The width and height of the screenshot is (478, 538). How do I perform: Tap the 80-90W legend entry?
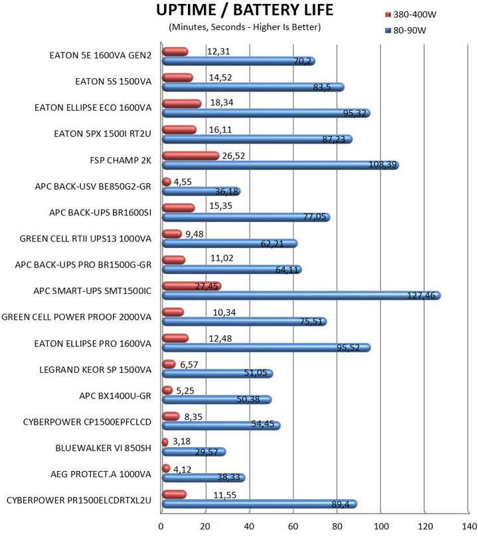pos(410,30)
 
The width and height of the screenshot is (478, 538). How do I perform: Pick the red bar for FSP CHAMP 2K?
pos(190,155)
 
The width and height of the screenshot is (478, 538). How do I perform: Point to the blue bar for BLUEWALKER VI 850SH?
pos(193,452)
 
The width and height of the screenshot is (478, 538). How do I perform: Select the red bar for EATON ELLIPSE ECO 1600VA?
pos(181,103)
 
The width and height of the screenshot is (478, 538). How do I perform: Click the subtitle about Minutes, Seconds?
pos(245,27)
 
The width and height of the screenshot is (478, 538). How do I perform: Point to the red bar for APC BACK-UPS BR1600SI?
pos(179,208)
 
